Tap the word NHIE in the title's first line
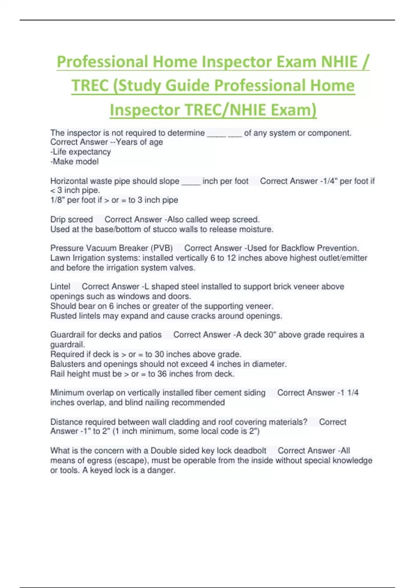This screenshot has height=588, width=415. (x=339, y=62)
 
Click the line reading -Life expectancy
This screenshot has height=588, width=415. (x=81, y=152)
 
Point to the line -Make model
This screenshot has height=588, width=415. (x=74, y=162)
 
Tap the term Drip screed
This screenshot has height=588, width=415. (x=72, y=220)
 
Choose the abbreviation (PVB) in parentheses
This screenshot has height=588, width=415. (x=162, y=248)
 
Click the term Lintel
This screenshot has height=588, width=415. (x=60, y=287)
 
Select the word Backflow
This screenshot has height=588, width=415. (x=298, y=248)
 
